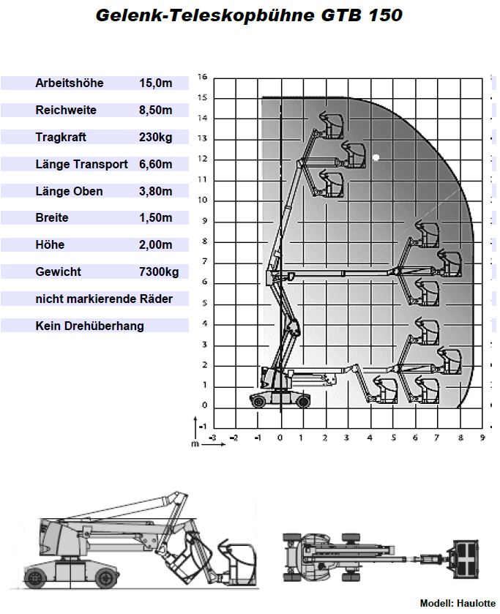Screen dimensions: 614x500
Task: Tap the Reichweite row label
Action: pos(66,111)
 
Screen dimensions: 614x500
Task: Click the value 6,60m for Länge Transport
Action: pos(155,165)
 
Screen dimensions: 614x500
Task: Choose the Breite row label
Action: pos(52,218)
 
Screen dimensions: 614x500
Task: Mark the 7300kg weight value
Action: pos(158,272)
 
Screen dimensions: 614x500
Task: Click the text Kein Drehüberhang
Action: pos(89,326)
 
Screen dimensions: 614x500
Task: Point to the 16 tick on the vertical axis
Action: pos(203,76)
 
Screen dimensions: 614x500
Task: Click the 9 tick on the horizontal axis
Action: pos(482,438)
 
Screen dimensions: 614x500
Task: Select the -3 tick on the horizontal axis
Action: pos(212,438)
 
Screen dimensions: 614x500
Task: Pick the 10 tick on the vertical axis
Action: pos(203,200)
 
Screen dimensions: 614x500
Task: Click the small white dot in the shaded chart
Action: pos(376,157)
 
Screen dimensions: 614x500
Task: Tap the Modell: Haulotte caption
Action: pos(458,603)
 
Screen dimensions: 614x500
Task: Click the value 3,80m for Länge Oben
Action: pos(155,192)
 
